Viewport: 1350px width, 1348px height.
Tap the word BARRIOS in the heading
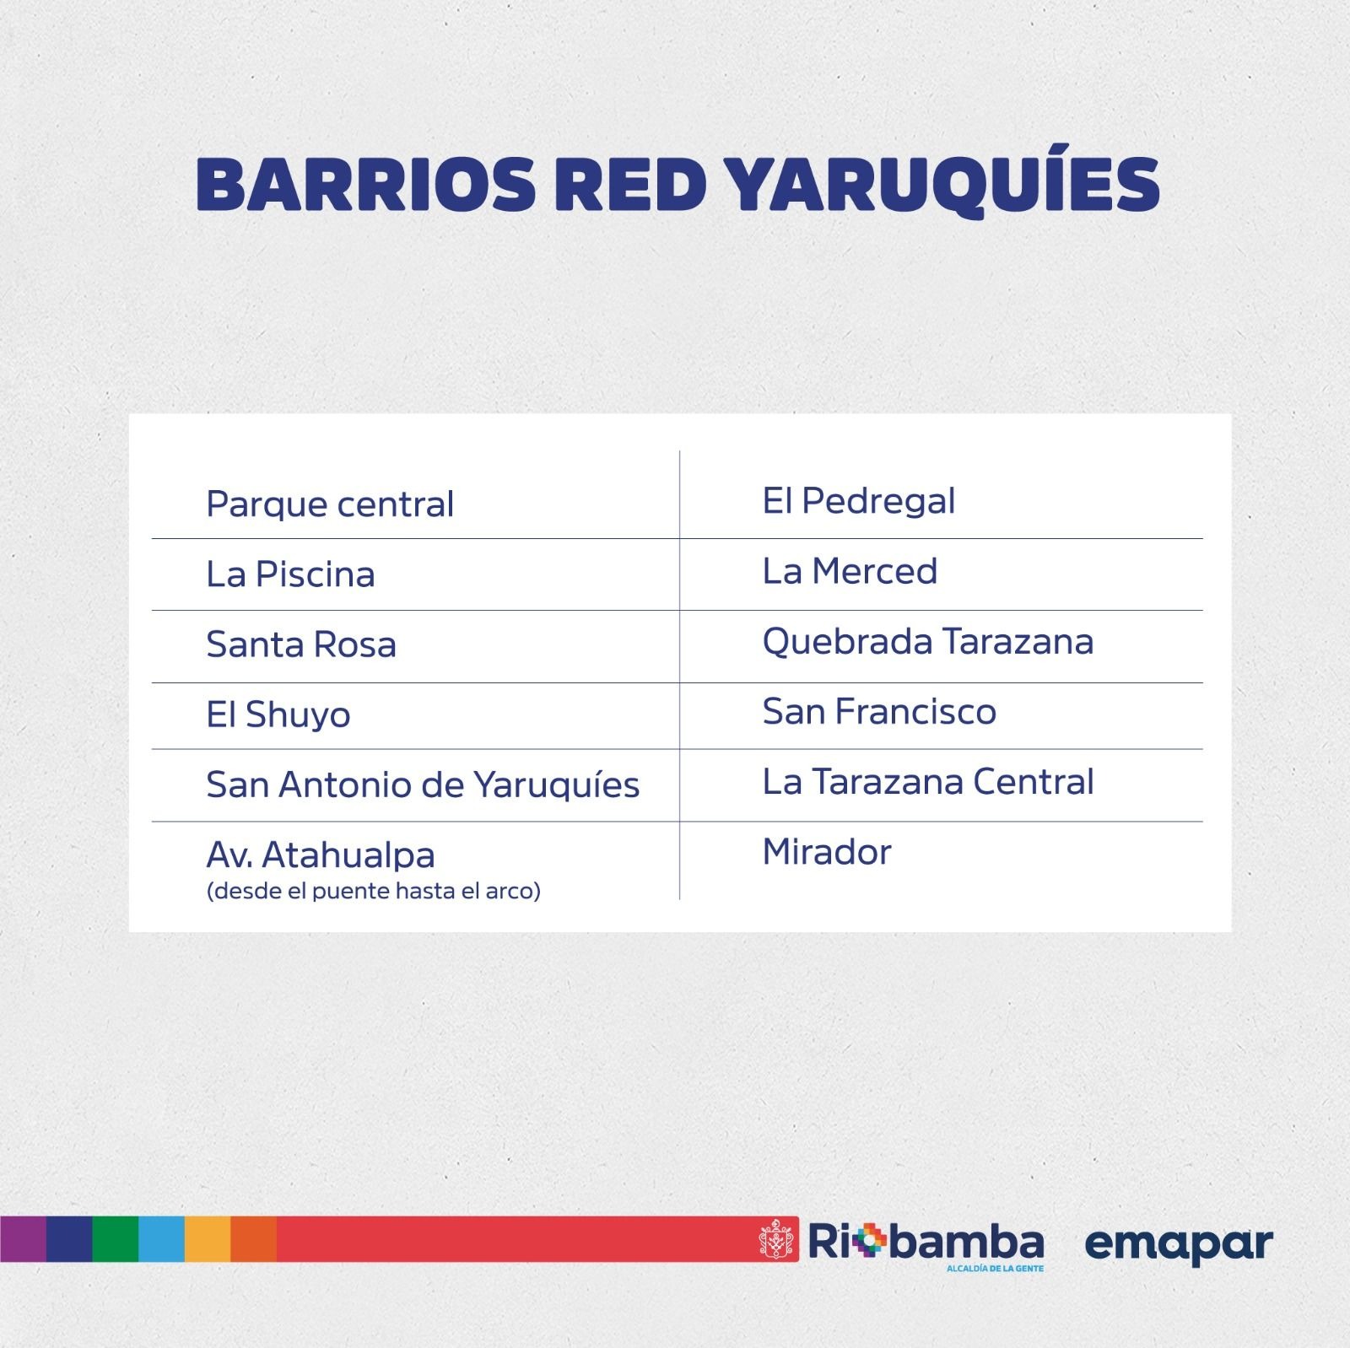(x=366, y=184)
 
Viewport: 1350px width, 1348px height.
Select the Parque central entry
(x=330, y=504)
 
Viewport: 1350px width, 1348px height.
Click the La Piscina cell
(x=290, y=574)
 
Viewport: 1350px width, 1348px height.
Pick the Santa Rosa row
(x=301, y=644)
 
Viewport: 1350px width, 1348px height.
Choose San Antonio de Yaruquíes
(x=423, y=785)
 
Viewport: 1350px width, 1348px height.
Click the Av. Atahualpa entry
(x=321, y=855)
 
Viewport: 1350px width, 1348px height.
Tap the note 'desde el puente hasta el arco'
(x=373, y=891)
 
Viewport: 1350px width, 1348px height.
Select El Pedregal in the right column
(x=859, y=501)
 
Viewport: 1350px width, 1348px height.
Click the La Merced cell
(x=850, y=571)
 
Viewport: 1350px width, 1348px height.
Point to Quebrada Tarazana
(x=928, y=642)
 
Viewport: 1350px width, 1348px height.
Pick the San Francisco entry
(x=879, y=712)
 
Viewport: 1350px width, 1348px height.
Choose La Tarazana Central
(x=928, y=782)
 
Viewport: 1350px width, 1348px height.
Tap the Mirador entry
(x=827, y=852)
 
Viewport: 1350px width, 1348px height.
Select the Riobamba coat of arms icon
(x=778, y=1239)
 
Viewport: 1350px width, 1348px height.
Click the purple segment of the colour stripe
(x=23, y=1239)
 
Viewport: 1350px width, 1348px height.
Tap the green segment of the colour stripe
(x=115, y=1239)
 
